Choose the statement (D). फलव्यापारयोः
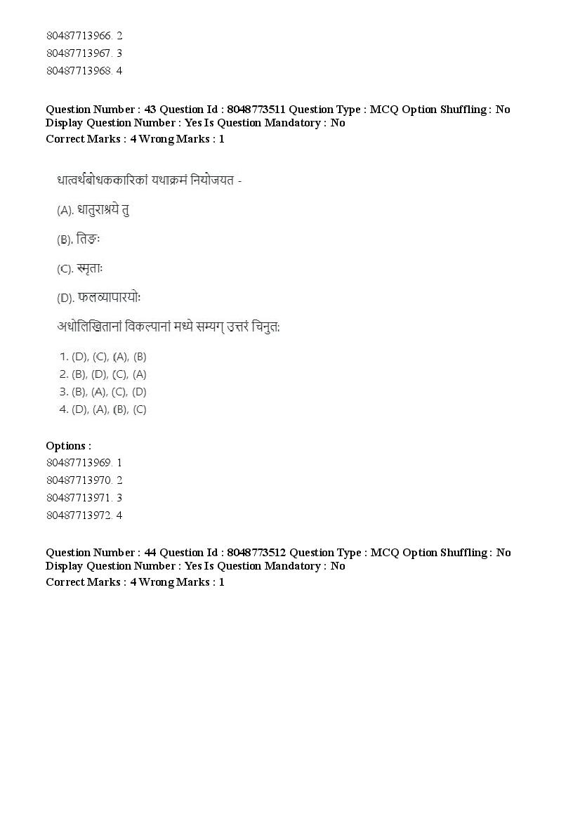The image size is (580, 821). pos(99,298)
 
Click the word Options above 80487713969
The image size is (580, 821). pos(68,446)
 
